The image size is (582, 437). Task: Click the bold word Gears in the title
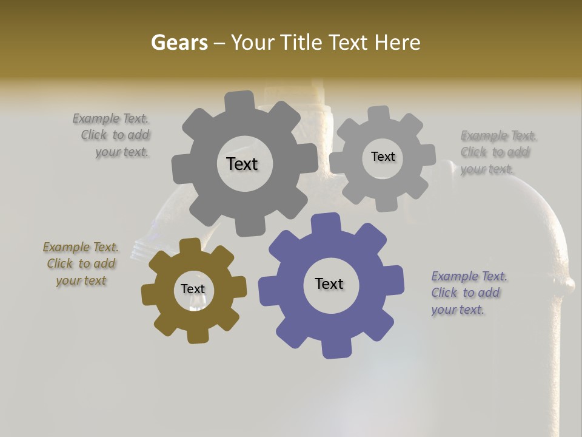(x=179, y=42)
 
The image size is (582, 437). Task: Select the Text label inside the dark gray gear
(x=242, y=164)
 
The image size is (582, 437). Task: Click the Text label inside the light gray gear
(x=383, y=157)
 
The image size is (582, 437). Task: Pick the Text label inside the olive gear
(x=193, y=289)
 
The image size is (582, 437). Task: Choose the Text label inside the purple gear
(x=329, y=283)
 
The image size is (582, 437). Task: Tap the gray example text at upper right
(x=496, y=152)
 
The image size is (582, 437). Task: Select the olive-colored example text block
(x=81, y=263)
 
